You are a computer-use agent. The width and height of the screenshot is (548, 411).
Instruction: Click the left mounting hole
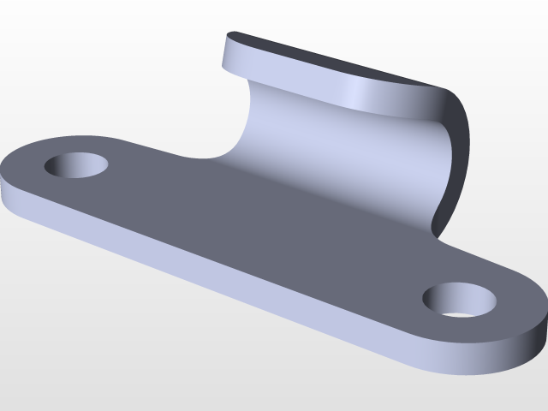pos(77,164)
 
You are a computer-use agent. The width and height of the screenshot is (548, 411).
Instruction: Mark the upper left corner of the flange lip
pos(229,36)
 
